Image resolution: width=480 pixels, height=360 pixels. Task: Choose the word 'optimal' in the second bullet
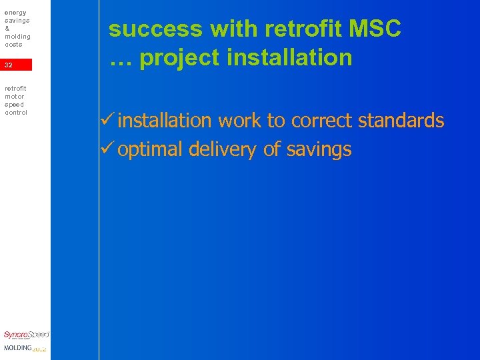[x=151, y=150]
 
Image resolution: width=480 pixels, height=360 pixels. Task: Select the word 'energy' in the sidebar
[x=15, y=12]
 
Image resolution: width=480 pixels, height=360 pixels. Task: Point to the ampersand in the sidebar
[x=7, y=29]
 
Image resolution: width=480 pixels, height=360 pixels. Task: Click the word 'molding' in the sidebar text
[x=17, y=37]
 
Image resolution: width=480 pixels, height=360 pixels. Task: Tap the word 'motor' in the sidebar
[x=15, y=96]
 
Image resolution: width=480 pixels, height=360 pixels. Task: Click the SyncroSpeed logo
[x=26, y=335]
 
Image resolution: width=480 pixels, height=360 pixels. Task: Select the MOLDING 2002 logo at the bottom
[x=25, y=348]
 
